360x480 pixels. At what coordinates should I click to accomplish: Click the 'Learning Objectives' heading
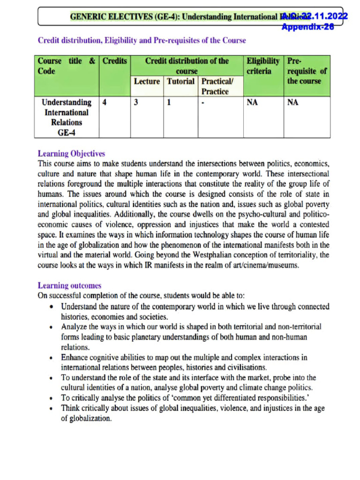(x=71, y=154)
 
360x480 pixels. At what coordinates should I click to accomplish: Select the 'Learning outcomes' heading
(x=69, y=285)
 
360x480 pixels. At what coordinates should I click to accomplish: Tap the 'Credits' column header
(x=114, y=61)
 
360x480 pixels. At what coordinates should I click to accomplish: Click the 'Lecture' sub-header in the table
(x=147, y=82)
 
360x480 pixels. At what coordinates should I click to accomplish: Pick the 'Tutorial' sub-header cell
(x=180, y=82)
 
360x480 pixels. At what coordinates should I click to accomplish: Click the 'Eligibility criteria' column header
(x=263, y=66)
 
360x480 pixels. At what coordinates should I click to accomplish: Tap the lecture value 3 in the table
(x=136, y=103)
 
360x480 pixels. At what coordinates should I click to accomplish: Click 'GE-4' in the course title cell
(x=67, y=133)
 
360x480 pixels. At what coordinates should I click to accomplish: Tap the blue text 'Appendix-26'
(x=307, y=27)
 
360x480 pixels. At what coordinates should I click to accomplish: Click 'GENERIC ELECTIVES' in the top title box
(x=100, y=17)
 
